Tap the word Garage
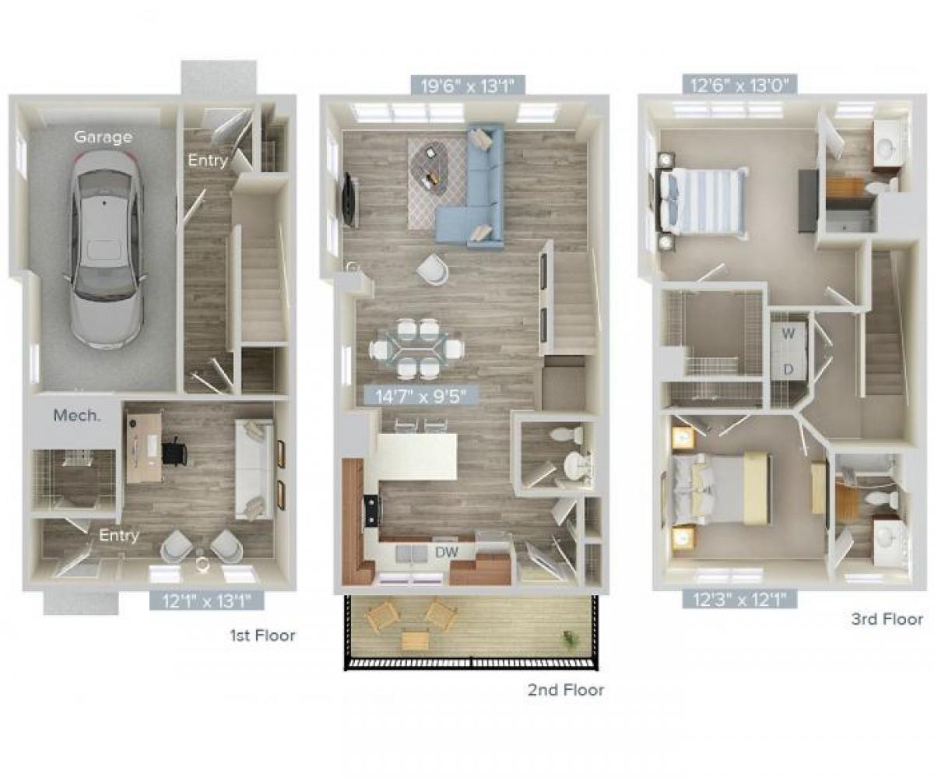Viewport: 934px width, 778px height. click(x=103, y=137)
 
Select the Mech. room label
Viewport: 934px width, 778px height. click(x=76, y=415)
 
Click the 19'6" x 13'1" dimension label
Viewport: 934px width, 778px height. click(x=463, y=85)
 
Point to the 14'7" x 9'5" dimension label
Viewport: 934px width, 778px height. click(x=421, y=396)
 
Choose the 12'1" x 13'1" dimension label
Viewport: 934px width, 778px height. click(x=206, y=600)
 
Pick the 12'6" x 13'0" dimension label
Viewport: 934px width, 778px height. click(x=739, y=85)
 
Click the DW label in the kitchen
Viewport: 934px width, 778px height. click(x=445, y=552)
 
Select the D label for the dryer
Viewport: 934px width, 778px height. click(x=788, y=369)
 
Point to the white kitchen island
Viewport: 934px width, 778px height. click(x=417, y=456)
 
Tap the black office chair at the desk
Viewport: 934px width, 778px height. click(x=174, y=450)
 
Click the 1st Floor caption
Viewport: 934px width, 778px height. click(x=262, y=635)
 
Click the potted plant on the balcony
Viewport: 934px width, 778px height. click(x=572, y=639)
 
